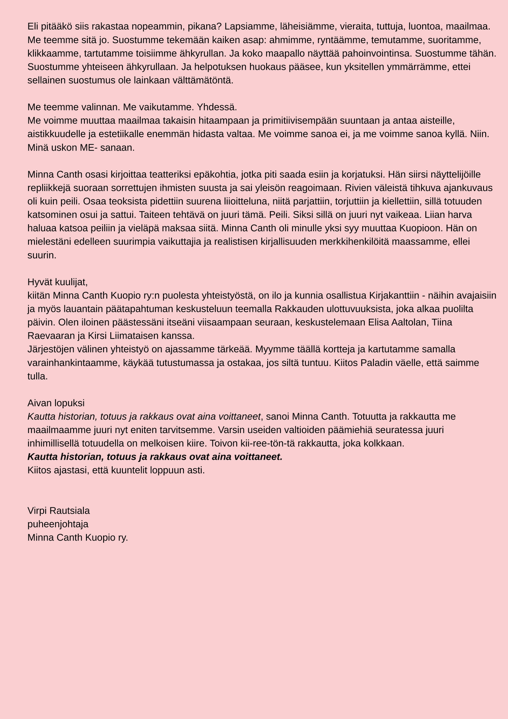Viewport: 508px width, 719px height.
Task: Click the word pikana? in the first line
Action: [x=204, y=26]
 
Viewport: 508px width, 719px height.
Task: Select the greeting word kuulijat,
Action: [x=69, y=282]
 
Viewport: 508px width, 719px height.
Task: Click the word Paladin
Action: [x=392, y=363]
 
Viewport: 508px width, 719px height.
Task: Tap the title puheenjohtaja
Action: [x=58, y=524]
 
